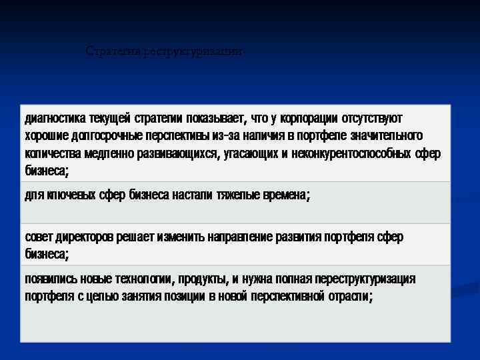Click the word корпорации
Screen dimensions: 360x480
point(308,119)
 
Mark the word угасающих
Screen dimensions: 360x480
point(253,153)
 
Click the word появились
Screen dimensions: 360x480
point(51,279)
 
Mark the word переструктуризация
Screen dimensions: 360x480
point(361,279)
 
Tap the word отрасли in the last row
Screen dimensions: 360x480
point(351,296)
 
